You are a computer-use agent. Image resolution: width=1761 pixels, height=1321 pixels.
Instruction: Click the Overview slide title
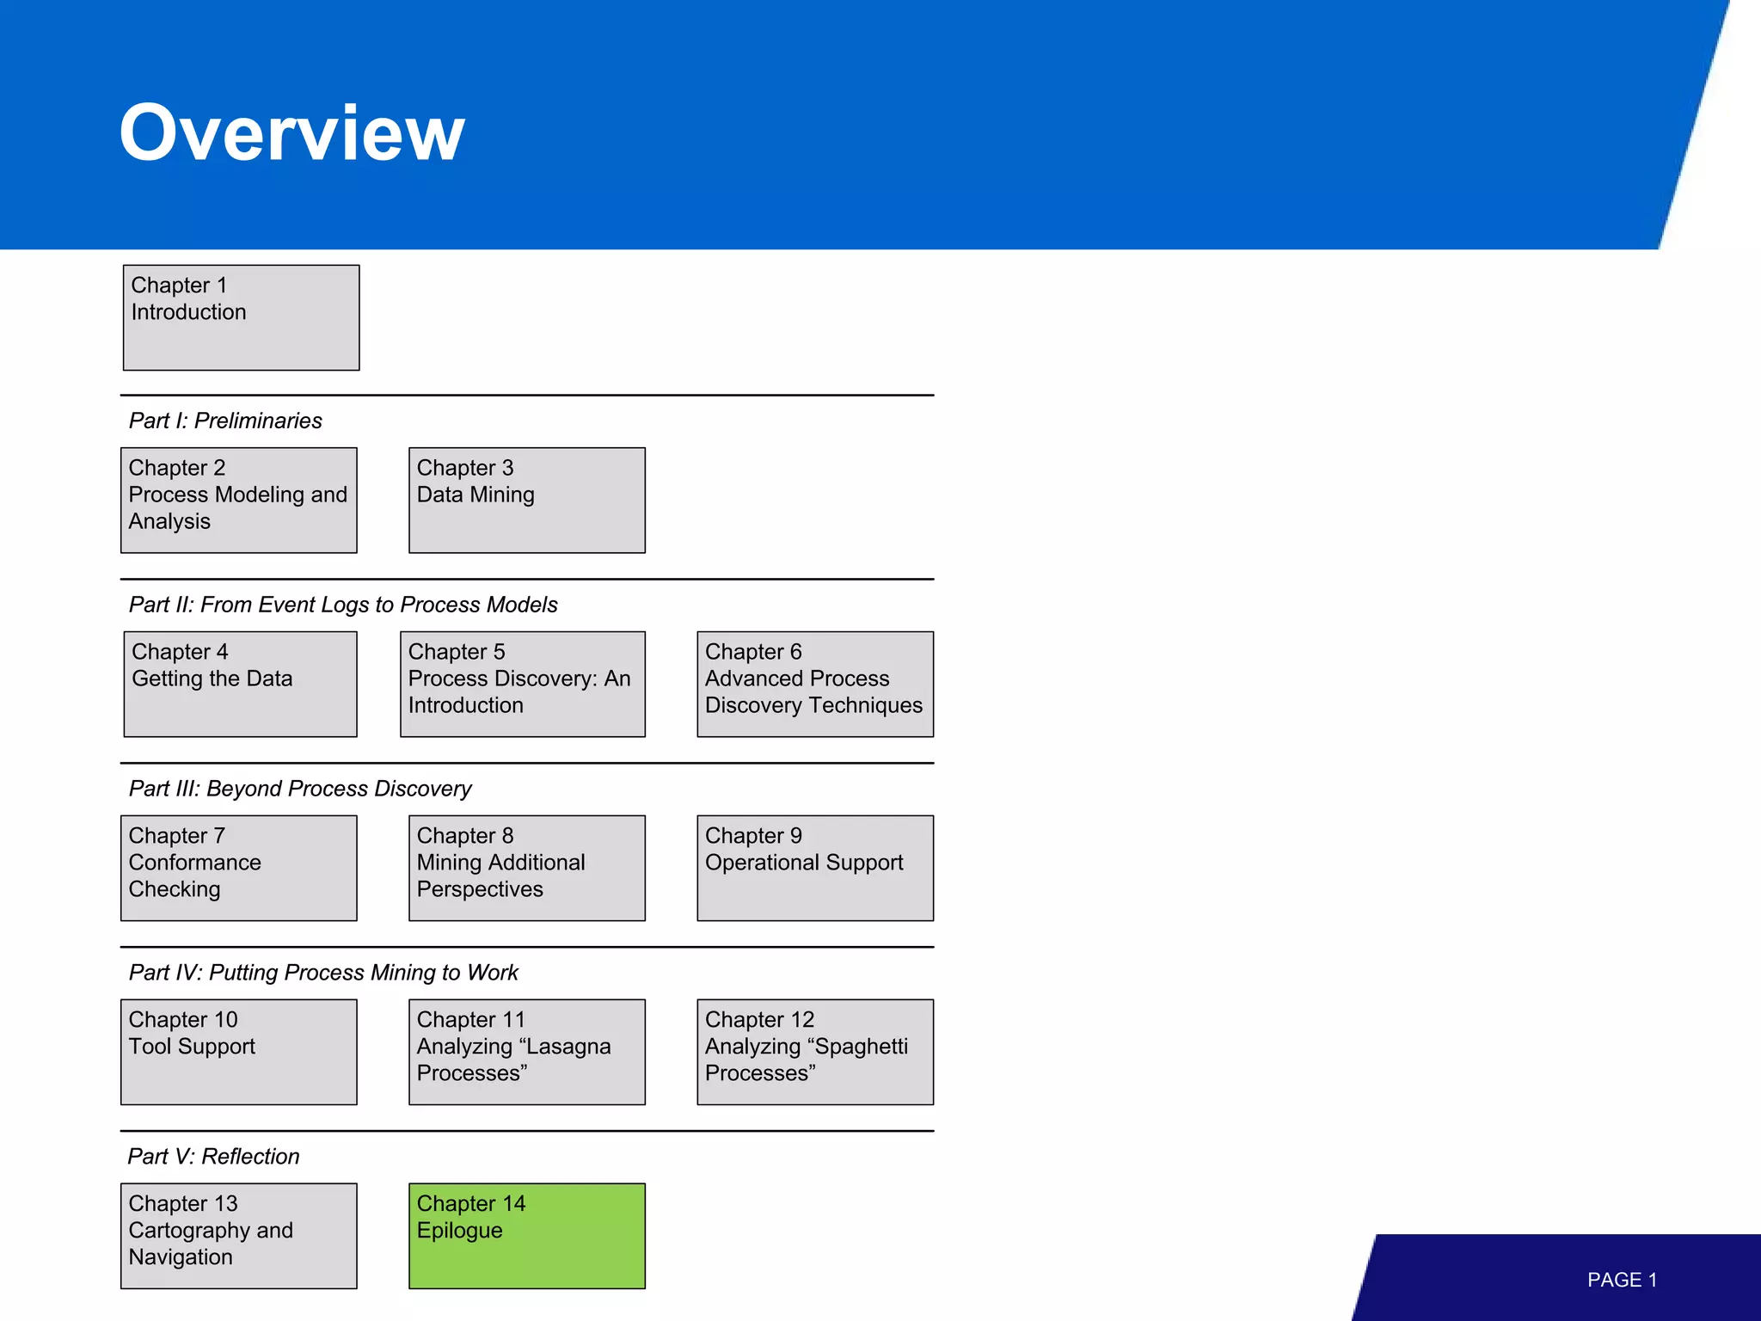point(291,132)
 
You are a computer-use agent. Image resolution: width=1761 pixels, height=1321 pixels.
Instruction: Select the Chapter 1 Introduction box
point(241,317)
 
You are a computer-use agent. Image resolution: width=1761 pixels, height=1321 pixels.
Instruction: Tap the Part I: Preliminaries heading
point(225,421)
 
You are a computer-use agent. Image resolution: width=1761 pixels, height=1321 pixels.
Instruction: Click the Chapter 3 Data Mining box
point(526,500)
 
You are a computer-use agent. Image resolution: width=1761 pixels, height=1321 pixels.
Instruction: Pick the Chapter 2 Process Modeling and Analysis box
point(239,500)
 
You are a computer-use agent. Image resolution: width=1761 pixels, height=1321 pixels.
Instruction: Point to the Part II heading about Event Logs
point(343,605)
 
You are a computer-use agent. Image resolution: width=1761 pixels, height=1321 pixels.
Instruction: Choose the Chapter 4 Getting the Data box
point(240,684)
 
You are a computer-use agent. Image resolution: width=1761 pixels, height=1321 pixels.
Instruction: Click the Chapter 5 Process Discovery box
point(522,684)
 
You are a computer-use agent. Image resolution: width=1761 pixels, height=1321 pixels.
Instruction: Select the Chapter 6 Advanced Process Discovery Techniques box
point(814,684)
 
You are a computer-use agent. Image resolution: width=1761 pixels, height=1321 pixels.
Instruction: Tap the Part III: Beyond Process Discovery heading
point(300,789)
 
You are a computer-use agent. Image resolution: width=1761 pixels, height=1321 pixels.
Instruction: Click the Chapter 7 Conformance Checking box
point(239,868)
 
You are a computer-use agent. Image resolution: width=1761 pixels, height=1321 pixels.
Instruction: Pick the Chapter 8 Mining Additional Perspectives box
point(526,868)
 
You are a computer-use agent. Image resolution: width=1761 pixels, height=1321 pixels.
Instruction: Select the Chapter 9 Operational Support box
point(814,868)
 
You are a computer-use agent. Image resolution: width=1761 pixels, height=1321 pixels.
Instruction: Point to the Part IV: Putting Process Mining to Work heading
point(323,973)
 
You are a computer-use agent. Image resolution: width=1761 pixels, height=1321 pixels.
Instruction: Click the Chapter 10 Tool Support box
point(239,1052)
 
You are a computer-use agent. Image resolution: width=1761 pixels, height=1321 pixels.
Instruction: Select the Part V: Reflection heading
point(213,1157)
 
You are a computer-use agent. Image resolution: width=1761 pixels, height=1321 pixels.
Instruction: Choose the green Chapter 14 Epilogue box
point(526,1236)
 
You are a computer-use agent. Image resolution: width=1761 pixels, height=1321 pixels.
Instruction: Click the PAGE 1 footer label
point(1622,1280)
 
